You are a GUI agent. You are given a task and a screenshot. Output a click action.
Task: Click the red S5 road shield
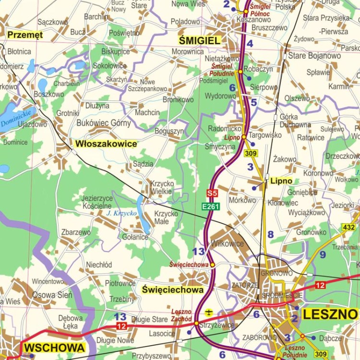pyautogui.click(x=212, y=193)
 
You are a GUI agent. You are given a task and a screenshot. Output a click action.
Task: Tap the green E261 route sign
pyautogui.click(x=211, y=206)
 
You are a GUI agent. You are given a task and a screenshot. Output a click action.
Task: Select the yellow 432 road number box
pyautogui.click(x=349, y=227)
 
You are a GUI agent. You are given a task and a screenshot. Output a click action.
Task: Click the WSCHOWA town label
pyautogui.click(x=54, y=348)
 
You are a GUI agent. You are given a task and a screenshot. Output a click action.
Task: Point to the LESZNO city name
pyautogui.click(x=330, y=315)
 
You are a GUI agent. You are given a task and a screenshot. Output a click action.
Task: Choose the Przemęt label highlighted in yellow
pyautogui.click(x=25, y=35)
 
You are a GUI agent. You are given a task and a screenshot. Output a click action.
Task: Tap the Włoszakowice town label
pyautogui.click(x=106, y=144)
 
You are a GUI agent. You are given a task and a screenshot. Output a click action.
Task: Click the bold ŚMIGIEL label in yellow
pyautogui.click(x=199, y=40)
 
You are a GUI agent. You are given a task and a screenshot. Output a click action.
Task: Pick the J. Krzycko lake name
pyautogui.click(x=121, y=213)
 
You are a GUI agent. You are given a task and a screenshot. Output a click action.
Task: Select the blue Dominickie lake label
pyautogui.click(x=15, y=118)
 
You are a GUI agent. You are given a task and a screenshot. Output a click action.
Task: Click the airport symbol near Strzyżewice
pyautogui.click(x=209, y=313)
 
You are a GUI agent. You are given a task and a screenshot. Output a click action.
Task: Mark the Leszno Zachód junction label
pyautogui.click(x=181, y=315)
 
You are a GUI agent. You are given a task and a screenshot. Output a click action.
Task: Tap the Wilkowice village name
pyautogui.click(x=227, y=243)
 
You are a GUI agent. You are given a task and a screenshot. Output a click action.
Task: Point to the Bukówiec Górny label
pyautogui.click(x=104, y=123)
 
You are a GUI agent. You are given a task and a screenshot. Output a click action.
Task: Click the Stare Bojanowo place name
pyautogui.click(x=314, y=56)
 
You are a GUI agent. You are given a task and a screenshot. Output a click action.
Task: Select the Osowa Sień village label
pyautogui.click(x=52, y=295)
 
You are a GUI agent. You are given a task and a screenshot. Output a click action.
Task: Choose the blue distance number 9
pyautogui.click(x=323, y=254)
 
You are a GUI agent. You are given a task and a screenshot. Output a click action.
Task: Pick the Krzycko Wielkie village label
pyautogui.click(x=161, y=187)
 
